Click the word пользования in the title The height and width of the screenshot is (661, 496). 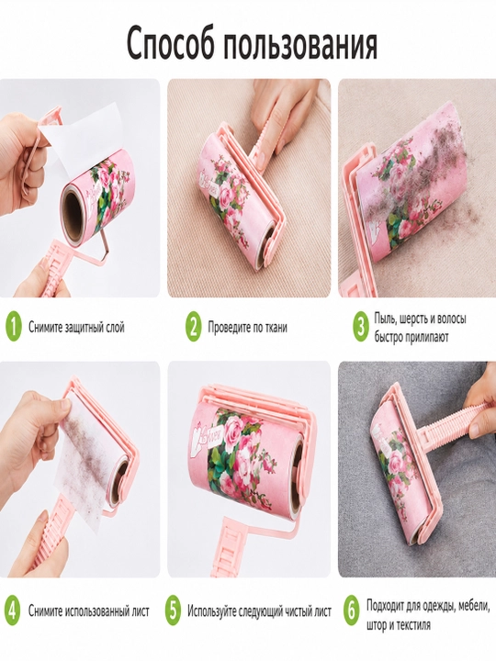click(299, 44)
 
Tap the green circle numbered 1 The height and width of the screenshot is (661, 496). click(14, 327)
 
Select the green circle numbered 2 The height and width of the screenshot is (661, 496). click(193, 327)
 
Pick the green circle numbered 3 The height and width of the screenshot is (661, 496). click(361, 327)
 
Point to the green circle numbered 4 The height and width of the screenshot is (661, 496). click(13, 611)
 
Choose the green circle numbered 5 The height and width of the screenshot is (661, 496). click(173, 611)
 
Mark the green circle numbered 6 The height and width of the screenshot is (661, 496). click(351, 611)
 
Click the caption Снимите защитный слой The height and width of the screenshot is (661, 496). click(76, 327)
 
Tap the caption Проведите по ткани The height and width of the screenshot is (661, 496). click(248, 327)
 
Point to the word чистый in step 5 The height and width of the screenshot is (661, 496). click(289, 611)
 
